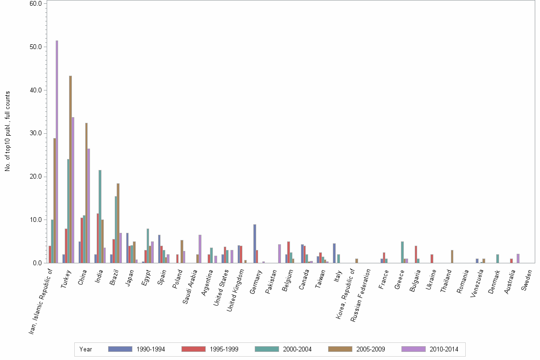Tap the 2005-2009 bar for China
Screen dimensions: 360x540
click(86, 193)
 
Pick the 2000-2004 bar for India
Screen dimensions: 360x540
click(100, 216)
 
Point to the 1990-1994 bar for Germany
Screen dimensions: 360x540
click(255, 243)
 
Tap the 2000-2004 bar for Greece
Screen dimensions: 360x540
click(402, 252)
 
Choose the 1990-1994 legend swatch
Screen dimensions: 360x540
click(120, 349)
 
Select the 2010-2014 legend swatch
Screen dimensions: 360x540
click(414, 349)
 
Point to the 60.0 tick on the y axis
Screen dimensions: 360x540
click(36, 3)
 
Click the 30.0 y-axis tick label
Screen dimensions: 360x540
click(36, 133)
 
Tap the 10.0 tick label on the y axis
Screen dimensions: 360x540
click(36, 220)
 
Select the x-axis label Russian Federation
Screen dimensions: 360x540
click(360, 295)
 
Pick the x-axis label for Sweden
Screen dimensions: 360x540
click(527, 280)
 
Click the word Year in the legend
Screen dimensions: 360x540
click(86, 349)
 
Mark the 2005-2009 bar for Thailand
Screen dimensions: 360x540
click(452, 256)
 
